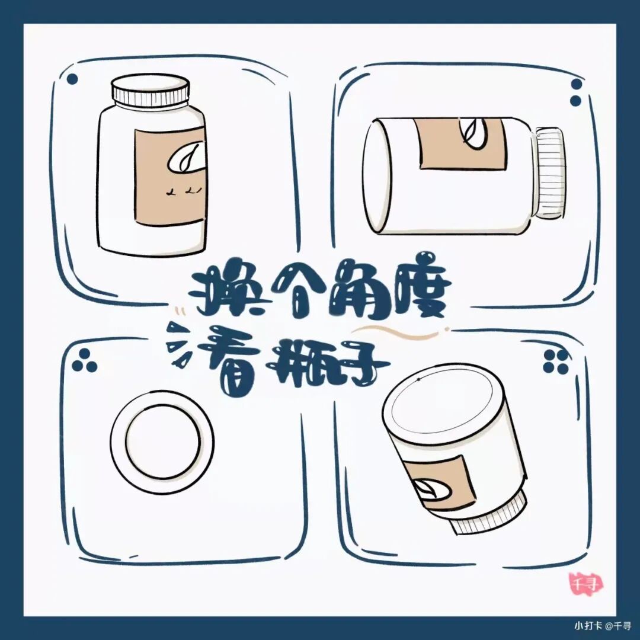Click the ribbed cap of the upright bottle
coord(151,91)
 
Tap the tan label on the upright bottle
coord(170,177)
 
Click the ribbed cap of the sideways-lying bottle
coord(551,174)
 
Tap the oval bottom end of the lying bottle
coord(377,177)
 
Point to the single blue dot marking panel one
coord(72,79)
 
